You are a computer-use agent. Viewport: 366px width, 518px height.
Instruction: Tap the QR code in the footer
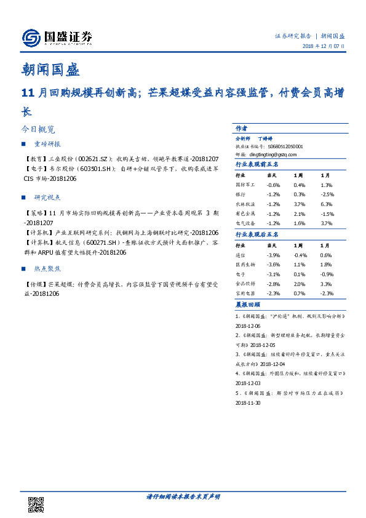[36, 503]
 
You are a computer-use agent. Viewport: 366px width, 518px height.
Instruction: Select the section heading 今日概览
[38, 130]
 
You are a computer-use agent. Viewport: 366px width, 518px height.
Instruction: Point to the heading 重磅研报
[49, 144]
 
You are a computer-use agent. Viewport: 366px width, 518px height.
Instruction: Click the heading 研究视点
[49, 197]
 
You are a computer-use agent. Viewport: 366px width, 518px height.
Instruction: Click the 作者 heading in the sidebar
[241, 129]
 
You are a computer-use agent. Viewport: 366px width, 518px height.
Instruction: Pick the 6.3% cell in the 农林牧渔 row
[326, 204]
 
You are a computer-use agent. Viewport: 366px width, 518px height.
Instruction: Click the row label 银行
[240, 194]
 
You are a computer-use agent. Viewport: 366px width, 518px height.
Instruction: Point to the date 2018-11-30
[248, 403]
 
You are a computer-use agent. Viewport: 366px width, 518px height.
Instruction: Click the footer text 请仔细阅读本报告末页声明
[183, 496]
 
